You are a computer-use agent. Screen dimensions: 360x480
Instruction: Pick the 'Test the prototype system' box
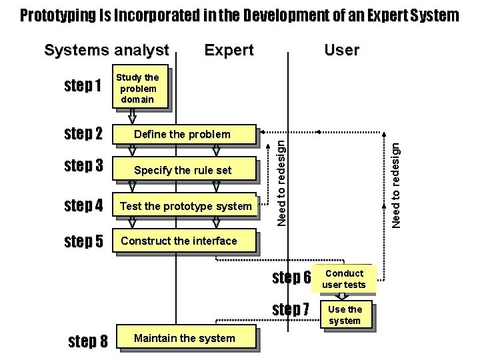coord(185,206)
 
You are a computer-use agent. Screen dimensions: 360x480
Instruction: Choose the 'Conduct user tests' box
coord(344,279)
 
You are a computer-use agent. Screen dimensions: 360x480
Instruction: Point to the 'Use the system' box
coord(344,315)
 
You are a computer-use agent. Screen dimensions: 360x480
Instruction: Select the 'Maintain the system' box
coord(185,338)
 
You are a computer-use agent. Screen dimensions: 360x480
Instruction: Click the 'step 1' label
coord(83,87)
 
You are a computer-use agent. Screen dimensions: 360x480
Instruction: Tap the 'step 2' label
coord(83,134)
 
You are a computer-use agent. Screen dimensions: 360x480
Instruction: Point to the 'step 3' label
coord(83,166)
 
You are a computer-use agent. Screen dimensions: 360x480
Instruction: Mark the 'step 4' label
coord(83,205)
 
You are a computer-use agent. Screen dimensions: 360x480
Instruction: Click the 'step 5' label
coord(83,241)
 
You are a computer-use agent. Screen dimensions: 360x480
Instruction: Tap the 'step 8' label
coord(88,342)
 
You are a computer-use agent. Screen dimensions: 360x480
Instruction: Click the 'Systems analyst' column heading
coord(106,50)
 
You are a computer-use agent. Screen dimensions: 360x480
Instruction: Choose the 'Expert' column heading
coord(229,50)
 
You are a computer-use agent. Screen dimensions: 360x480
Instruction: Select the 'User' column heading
coord(341,50)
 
